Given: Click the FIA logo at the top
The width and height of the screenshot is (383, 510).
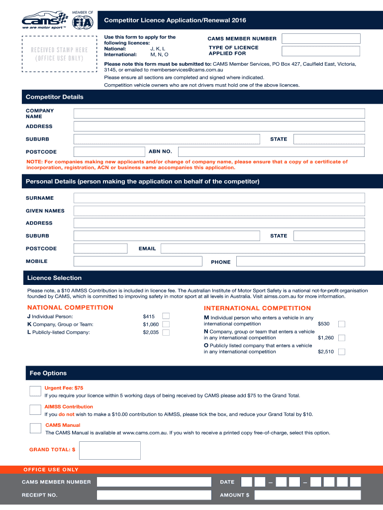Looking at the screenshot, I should coord(83,22).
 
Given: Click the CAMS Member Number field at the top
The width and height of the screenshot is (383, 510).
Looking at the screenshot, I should coord(321,38).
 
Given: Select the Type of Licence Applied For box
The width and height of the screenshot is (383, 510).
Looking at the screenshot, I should coord(321,51).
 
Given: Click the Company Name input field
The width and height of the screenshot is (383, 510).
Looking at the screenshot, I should coord(219,114).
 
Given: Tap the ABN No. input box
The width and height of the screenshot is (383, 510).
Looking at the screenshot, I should coord(271,151).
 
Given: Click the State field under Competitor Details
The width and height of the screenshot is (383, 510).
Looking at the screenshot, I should coord(329,139).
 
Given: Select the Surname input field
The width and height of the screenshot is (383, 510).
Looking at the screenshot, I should coord(219,198).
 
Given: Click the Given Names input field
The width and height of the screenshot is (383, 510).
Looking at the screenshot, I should coord(219,211).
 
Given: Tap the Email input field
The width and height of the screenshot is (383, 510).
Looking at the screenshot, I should coord(263,249).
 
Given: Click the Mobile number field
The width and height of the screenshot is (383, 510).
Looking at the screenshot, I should coord(138,261).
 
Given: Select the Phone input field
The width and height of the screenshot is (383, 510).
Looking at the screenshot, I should coord(300,261).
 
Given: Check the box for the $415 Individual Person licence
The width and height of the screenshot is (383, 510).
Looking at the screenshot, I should coord(166,316).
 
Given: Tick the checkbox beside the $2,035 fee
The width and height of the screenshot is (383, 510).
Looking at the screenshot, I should coord(166,332).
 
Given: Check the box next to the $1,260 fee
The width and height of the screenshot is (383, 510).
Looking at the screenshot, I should coord(342,338).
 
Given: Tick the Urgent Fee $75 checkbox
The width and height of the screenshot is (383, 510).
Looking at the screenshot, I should coord(35,391).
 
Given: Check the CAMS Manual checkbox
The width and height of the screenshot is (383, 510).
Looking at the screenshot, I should coord(35,428).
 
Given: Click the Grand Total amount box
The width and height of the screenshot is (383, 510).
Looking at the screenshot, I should coord(110,450).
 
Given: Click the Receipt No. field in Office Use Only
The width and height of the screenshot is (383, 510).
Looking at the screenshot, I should coord(154,495).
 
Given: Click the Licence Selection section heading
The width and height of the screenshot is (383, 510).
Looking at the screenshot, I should coord(55,278).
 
